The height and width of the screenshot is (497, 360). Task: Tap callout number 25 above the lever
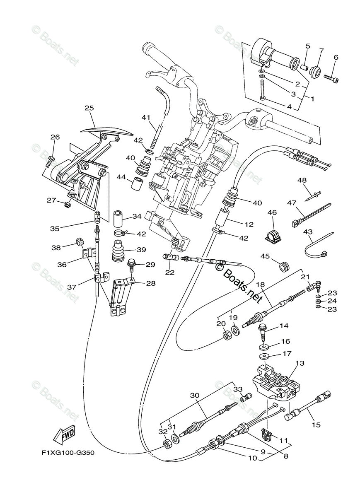click(x=89, y=108)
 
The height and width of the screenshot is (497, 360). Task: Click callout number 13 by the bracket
click(x=300, y=363)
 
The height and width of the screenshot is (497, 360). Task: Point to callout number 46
click(x=272, y=212)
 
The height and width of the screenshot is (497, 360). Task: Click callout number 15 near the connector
click(x=316, y=425)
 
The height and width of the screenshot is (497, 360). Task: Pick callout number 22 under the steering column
click(x=169, y=272)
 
